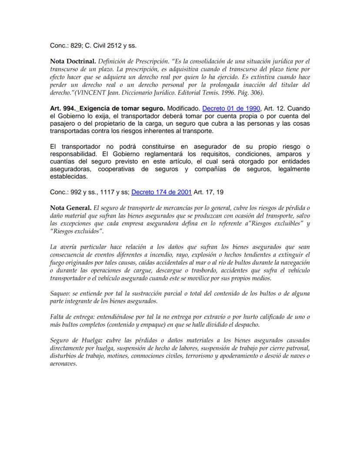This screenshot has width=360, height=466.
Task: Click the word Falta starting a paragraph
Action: [57, 317]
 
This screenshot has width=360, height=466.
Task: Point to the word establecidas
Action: [69, 177]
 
